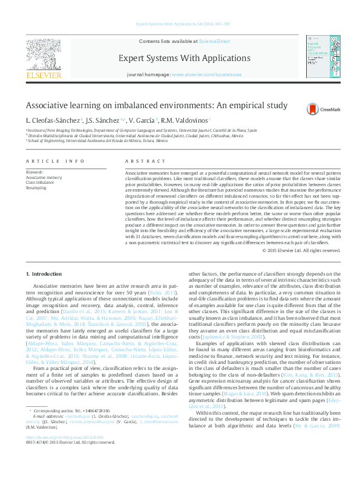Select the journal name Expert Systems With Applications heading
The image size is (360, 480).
click(x=185, y=59)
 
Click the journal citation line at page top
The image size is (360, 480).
click(x=180, y=24)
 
